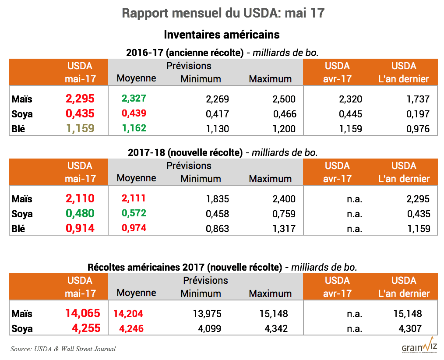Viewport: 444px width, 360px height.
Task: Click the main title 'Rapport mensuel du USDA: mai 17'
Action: click(x=223, y=13)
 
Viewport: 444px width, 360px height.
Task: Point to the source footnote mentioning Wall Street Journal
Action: click(x=63, y=349)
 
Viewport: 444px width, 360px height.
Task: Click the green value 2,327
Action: click(x=134, y=99)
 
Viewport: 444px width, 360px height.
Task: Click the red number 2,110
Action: click(x=80, y=198)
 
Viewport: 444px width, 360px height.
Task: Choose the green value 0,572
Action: click(x=134, y=213)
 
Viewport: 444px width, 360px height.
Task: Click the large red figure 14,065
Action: click(x=83, y=313)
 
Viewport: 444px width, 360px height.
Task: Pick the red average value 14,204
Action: click(x=128, y=314)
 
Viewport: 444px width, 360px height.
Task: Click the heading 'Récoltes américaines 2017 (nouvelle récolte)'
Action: click(x=184, y=267)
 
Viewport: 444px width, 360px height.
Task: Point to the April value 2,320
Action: click(x=350, y=99)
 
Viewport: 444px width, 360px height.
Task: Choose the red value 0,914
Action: click(x=80, y=228)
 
